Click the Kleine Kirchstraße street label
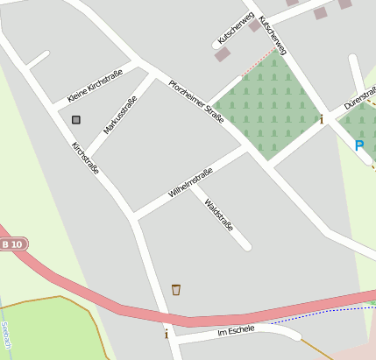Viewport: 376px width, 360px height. coord(95,85)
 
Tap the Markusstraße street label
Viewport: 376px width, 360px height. coord(120,114)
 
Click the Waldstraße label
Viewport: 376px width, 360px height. coord(218,215)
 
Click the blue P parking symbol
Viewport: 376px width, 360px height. coord(358,145)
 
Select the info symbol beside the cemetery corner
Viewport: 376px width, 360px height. coord(322,119)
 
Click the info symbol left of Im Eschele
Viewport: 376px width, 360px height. coord(166,334)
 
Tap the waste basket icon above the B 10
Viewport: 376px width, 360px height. coord(176,289)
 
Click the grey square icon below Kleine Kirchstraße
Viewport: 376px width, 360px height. coord(76,119)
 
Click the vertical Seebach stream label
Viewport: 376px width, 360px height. coord(5,335)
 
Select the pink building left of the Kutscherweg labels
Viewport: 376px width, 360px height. coord(223,54)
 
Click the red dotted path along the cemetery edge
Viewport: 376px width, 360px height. coord(257,62)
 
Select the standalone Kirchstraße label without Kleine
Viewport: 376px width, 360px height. coord(85,158)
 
